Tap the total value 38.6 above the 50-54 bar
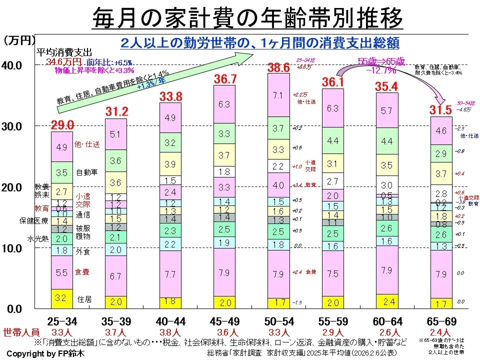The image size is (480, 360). point(279,66)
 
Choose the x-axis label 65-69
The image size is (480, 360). point(440,320)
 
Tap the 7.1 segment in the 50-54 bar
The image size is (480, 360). point(278,95)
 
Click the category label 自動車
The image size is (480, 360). point(86,173)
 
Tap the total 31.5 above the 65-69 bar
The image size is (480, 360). point(441,109)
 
